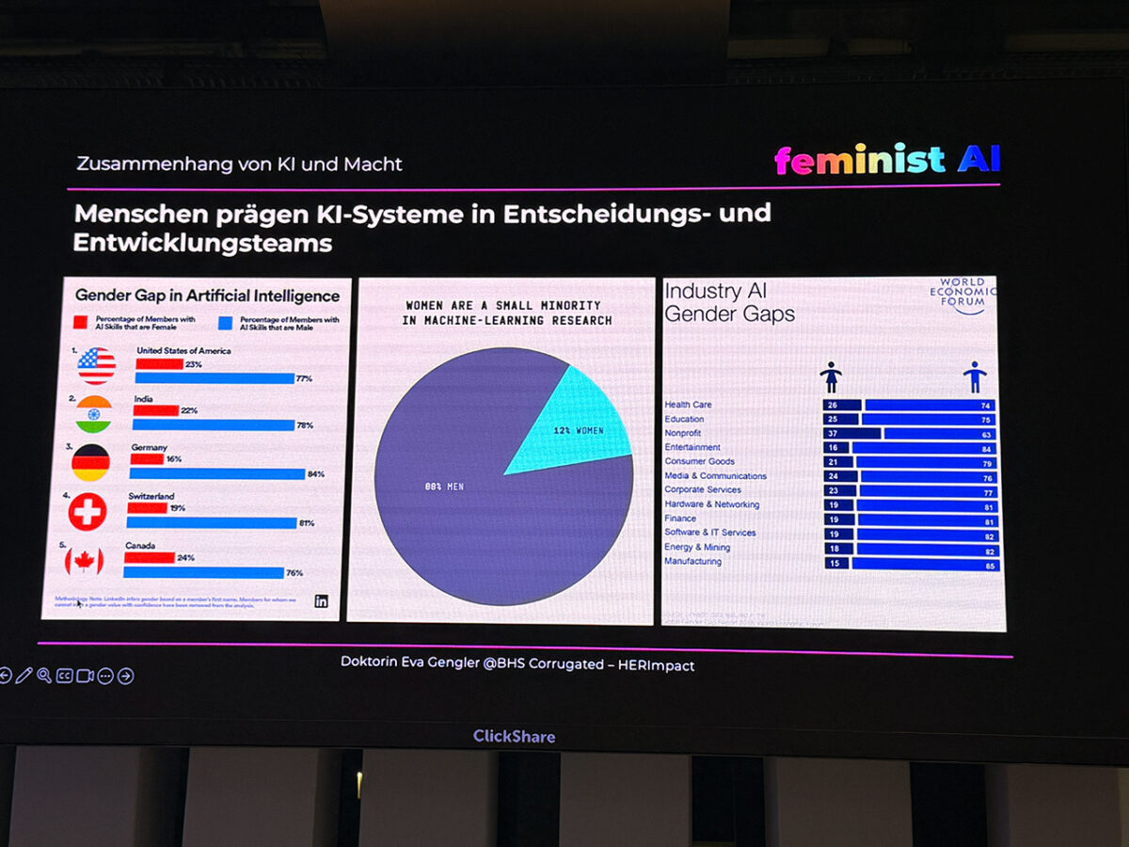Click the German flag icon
[91, 462]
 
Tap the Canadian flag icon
[84, 561]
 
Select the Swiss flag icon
[87, 512]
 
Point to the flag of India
[94, 414]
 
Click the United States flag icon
[97, 365]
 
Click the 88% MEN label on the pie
[445, 487]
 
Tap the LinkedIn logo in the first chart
[321, 601]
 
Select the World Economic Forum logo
[962, 296]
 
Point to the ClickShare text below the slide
[514, 736]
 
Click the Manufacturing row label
[692, 562]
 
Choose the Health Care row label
[688, 405]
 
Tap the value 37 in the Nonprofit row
[831, 434]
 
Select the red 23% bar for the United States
[159, 364]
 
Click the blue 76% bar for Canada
[203, 572]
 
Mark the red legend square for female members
[81, 322]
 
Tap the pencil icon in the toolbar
[24, 675]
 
